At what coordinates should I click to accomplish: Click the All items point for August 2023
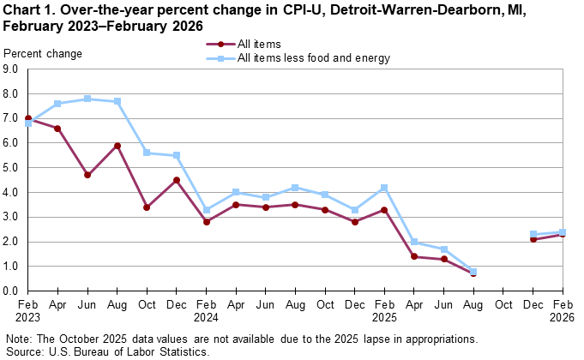(117, 146)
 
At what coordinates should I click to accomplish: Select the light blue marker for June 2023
(87, 99)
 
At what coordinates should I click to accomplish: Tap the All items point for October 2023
(147, 207)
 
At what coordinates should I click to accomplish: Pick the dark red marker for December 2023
(177, 180)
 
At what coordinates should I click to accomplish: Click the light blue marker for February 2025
(384, 188)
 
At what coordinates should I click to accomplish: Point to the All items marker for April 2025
(414, 256)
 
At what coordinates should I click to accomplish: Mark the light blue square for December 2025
(533, 234)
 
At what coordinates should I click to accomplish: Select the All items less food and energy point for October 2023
(147, 153)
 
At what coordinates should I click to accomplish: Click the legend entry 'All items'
(257, 44)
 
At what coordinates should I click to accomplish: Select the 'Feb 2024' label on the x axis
(207, 310)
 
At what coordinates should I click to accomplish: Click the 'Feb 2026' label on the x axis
(563, 310)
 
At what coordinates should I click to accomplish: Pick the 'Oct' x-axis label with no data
(503, 304)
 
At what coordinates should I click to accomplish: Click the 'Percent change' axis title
(43, 54)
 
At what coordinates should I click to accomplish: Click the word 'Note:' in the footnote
(18, 339)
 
